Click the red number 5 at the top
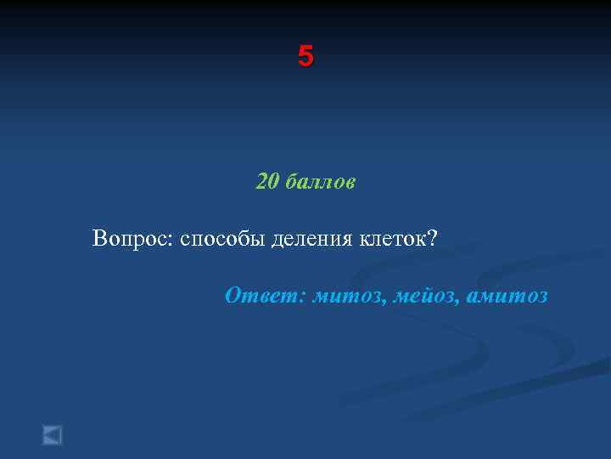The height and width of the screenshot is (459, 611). point(305,57)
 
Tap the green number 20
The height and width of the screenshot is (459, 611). point(267,182)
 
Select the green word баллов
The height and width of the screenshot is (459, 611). point(320,182)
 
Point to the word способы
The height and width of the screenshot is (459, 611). point(222,241)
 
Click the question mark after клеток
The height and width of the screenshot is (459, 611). point(432,238)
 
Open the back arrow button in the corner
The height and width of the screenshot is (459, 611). point(53,435)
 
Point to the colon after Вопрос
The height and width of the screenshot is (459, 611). point(173,242)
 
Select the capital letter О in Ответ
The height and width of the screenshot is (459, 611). point(233,296)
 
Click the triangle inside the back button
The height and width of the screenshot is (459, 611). point(52,435)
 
